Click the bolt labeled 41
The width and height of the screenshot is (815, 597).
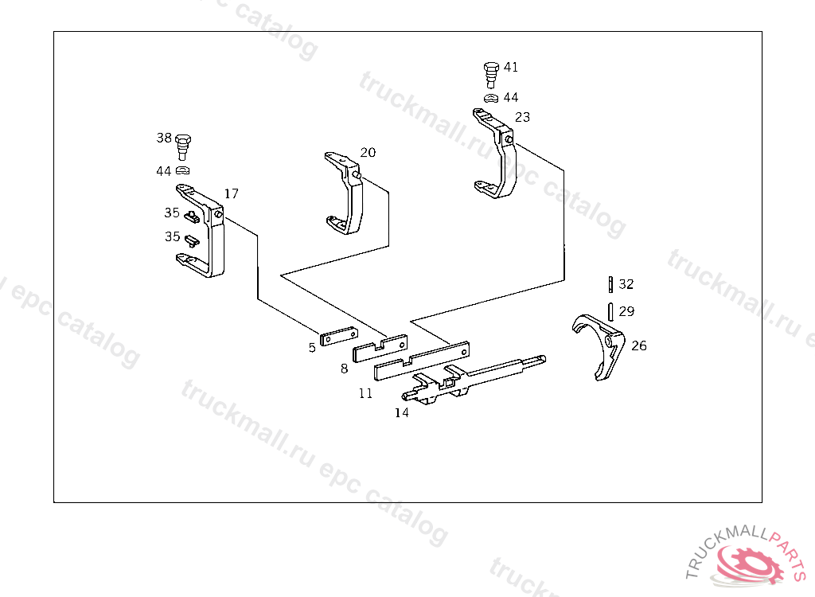point(490,73)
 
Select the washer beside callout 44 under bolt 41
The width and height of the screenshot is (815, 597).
point(490,98)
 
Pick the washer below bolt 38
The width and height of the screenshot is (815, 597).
point(183,170)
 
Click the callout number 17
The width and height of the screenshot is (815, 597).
point(231,193)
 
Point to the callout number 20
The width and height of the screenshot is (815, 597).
point(368,152)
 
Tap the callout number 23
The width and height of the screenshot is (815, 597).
point(522,117)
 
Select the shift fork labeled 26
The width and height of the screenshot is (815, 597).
point(601,345)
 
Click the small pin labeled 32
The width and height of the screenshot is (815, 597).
point(610,284)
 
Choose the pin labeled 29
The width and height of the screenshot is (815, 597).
point(610,310)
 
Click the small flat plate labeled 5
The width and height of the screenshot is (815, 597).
point(339,338)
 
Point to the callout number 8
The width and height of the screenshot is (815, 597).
point(345,369)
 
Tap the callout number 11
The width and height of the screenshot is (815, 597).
point(365,393)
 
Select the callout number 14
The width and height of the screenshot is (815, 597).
point(401,412)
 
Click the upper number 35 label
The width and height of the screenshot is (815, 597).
point(172,213)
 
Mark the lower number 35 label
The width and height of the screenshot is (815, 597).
point(172,236)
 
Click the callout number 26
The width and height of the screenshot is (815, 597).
point(639,345)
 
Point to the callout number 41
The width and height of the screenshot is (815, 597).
point(510,68)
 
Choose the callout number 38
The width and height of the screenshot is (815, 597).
point(164,138)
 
